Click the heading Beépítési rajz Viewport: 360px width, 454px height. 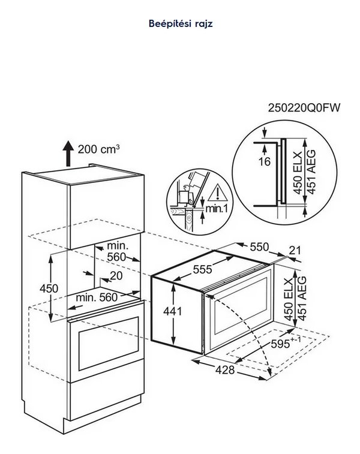click(180, 24)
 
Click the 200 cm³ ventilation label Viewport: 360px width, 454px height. click(98, 148)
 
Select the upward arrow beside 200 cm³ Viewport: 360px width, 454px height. click(68, 155)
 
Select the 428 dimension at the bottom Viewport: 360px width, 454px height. click(224, 370)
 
